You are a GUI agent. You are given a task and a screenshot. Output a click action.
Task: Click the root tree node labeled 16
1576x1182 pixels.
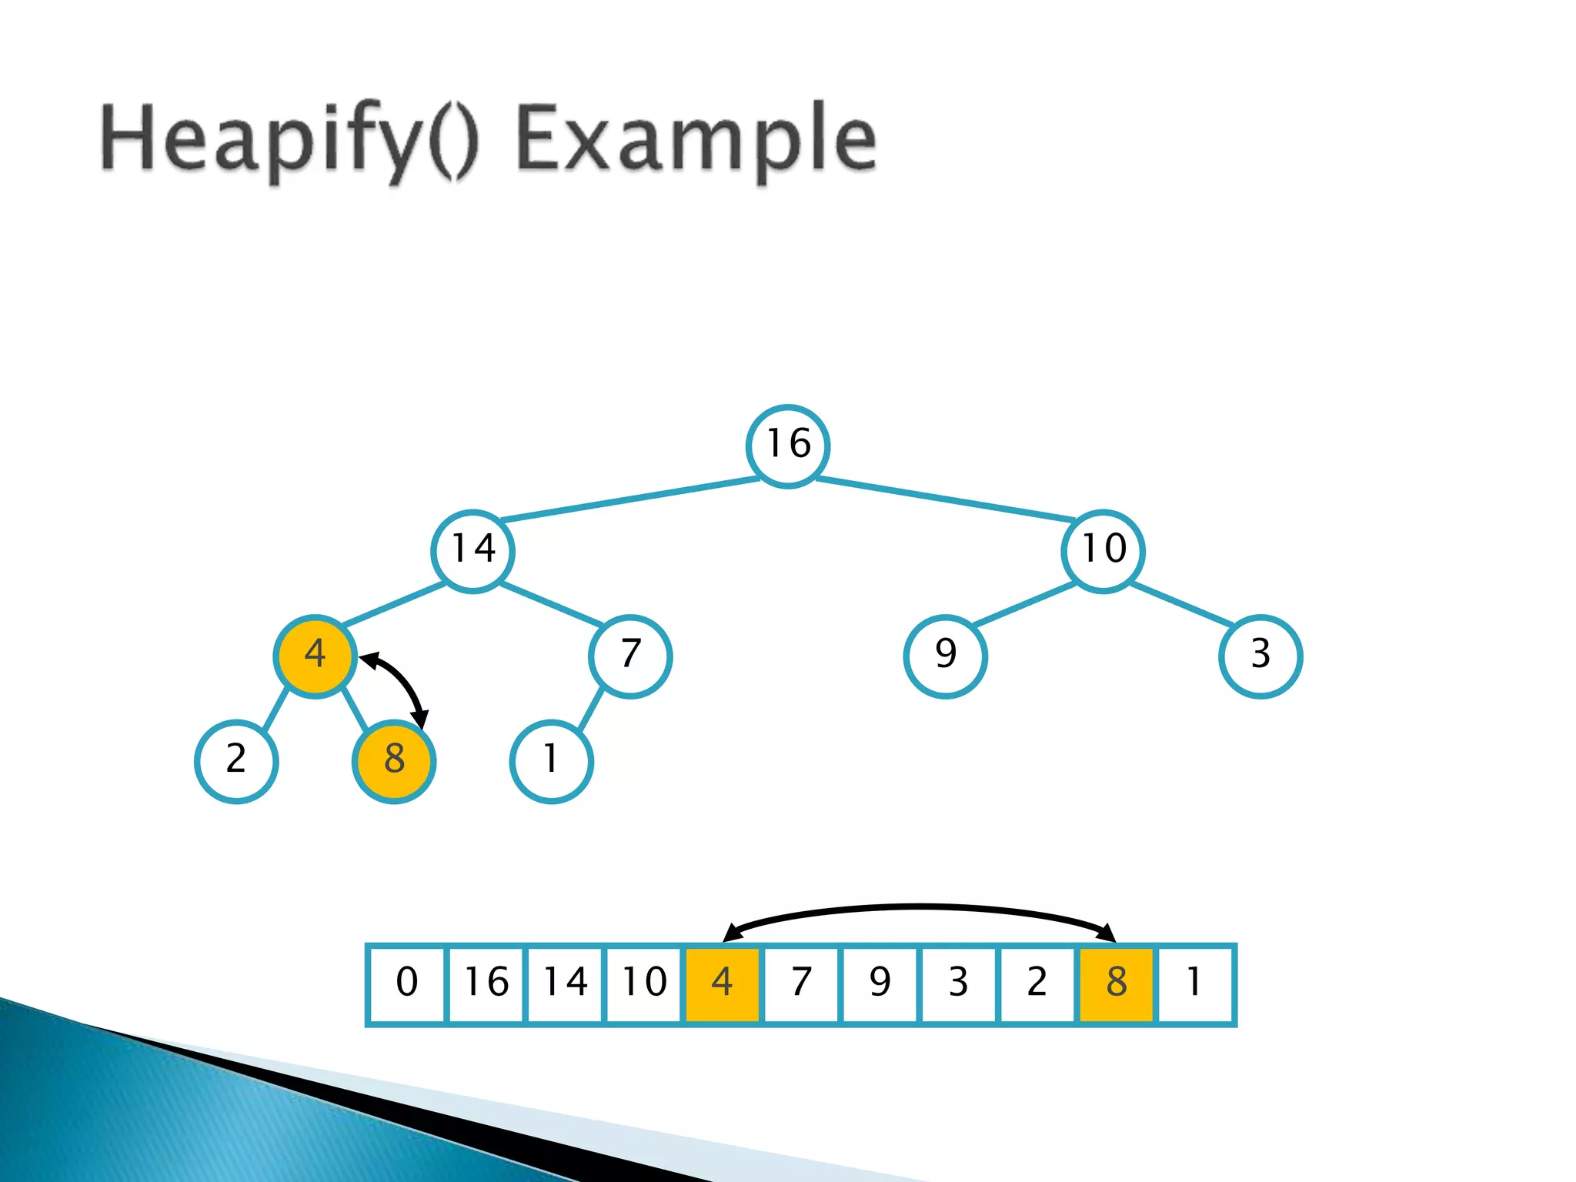coord(788,446)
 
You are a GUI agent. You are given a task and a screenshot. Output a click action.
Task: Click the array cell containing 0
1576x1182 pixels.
coord(407,984)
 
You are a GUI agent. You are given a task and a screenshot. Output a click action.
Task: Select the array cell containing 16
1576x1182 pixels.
coord(486,984)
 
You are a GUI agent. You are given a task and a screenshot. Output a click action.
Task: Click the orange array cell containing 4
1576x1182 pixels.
coord(722,984)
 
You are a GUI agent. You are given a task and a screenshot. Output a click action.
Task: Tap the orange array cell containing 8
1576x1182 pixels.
coord(1116,984)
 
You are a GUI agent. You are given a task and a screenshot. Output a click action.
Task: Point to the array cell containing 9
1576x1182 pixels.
coord(880,984)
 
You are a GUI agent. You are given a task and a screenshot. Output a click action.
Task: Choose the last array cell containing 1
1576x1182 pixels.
coord(1195,984)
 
